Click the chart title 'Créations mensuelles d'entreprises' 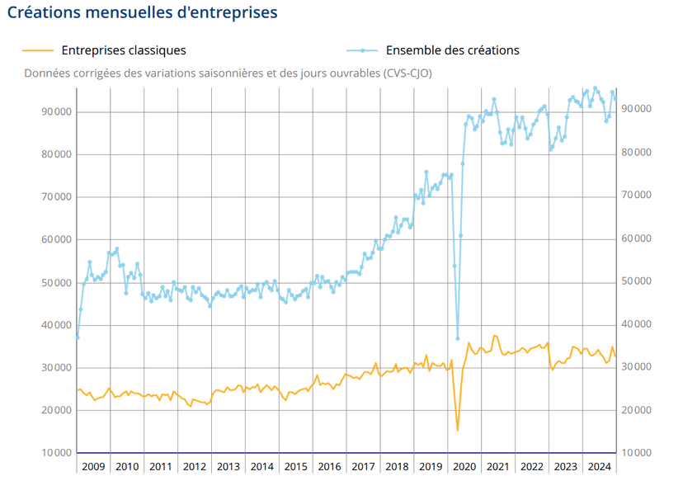click(x=142, y=13)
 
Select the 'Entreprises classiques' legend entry click(x=124, y=50)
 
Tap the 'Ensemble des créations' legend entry click(x=453, y=50)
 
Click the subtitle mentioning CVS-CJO click(x=228, y=73)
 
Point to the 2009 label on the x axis click(x=93, y=466)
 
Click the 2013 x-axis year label click(x=228, y=466)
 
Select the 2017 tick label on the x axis click(x=363, y=466)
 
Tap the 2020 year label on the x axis click(x=464, y=466)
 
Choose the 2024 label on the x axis click(x=599, y=466)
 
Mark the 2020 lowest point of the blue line click(x=458, y=338)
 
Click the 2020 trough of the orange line click(x=458, y=430)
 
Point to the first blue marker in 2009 click(x=78, y=337)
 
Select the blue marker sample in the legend click(x=362, y=50)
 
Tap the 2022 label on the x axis click(x=532, y=466)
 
